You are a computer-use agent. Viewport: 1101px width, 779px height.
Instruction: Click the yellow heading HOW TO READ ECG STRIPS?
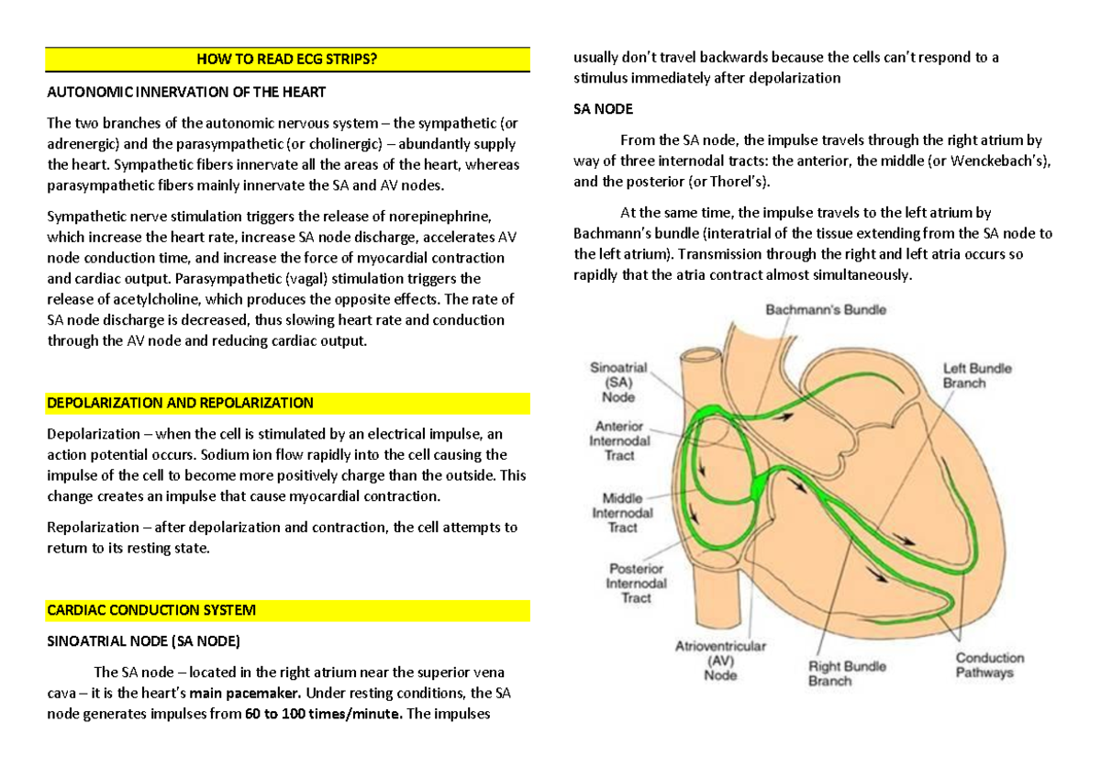tap(287, 61)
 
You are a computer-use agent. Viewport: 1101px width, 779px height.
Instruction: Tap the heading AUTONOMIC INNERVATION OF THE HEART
tap(186, 93)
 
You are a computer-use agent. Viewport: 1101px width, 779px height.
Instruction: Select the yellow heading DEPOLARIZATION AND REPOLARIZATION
tap(180, 403)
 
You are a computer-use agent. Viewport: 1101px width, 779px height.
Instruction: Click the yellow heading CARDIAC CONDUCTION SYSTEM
tap(151, 610)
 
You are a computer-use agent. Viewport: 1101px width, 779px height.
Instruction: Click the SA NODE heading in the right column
tap(603, 109)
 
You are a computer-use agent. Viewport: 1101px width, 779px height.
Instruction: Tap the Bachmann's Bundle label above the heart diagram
tap(826, 310)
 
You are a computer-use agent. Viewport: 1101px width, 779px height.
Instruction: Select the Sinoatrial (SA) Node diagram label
tap(618, 382)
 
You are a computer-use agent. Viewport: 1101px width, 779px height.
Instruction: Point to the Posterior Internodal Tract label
tap(636, 584)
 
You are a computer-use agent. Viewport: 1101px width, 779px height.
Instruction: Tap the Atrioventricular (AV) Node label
tap(720, 661)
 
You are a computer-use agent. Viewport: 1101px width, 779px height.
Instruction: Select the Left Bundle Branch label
tap(977, 375)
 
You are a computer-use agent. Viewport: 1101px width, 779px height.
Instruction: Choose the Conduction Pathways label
tap(989, 665)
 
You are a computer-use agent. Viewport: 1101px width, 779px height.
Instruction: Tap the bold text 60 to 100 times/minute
tap(323, 714)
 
